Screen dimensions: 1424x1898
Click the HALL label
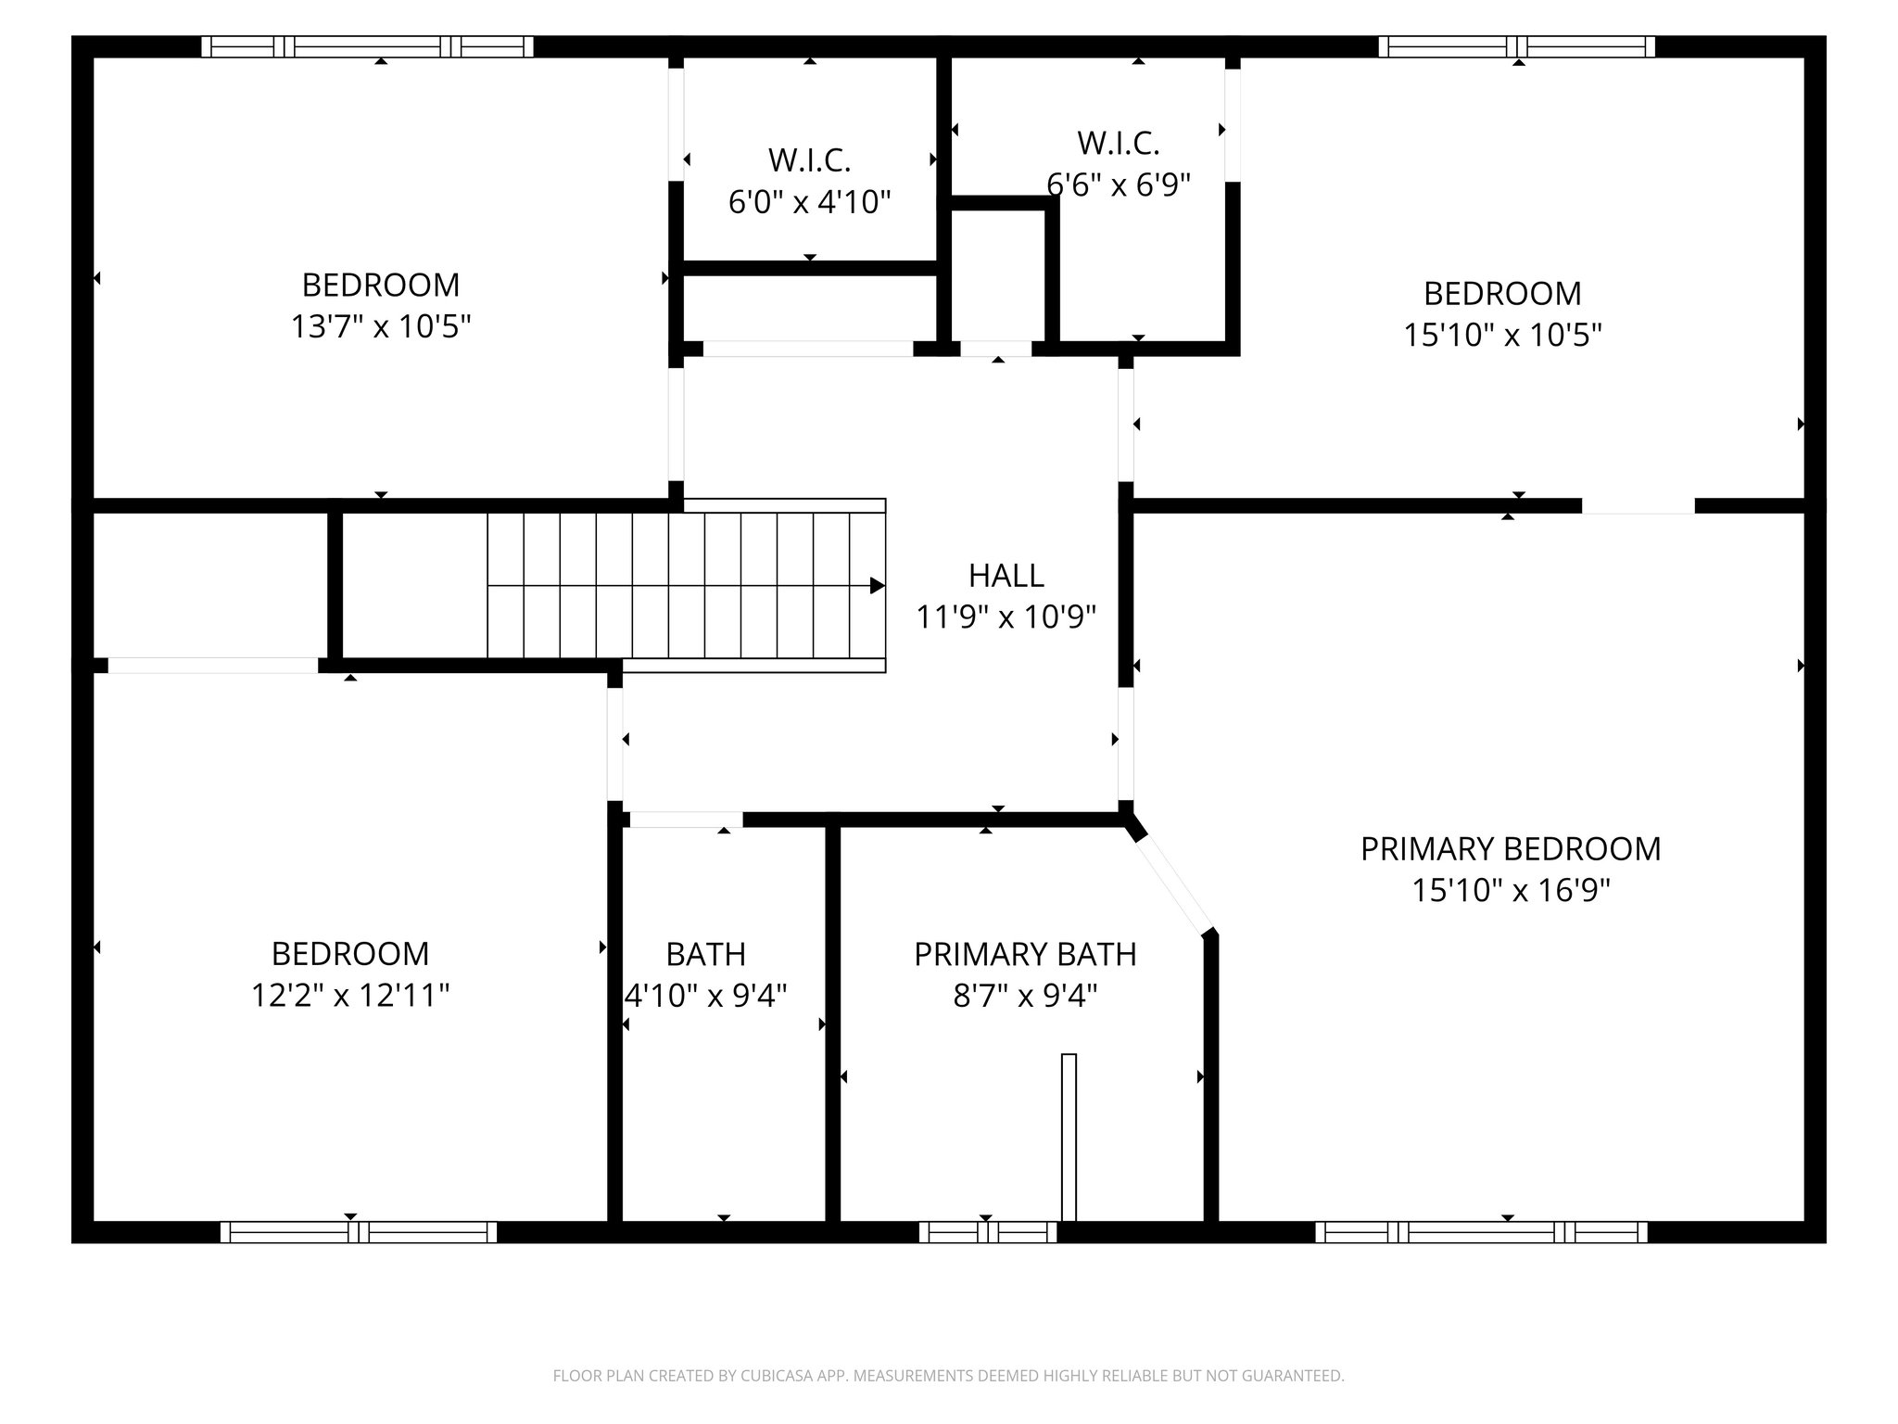point(1006,576)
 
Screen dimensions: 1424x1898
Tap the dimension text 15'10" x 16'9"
point(1511,891)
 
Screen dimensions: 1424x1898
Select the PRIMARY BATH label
point(1025,955)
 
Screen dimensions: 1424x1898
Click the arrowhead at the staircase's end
point(876,586)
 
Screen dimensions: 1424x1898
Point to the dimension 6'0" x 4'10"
point(809,202)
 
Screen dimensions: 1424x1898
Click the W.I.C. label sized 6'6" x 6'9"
point(1118,144)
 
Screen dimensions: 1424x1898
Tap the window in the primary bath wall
point(988,1232)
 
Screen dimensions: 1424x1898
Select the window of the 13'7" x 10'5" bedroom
point(367,46)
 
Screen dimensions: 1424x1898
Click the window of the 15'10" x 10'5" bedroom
point(1516,46)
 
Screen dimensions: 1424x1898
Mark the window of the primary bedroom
point(1481,1232)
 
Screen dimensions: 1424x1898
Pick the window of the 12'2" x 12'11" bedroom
point(359,1232)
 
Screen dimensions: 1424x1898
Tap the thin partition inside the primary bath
point(1069,1137)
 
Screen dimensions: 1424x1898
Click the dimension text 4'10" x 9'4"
point(706,996)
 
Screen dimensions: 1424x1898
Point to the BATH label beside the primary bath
point(705,954)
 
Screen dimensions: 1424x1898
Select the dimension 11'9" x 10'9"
point(1006,617)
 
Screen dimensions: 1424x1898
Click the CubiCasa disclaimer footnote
point(948,1376)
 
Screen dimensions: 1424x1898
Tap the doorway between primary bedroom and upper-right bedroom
point(1638,506)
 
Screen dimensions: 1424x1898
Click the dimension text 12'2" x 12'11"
point(350,996)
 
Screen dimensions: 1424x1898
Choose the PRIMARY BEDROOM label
point(1510,849)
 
